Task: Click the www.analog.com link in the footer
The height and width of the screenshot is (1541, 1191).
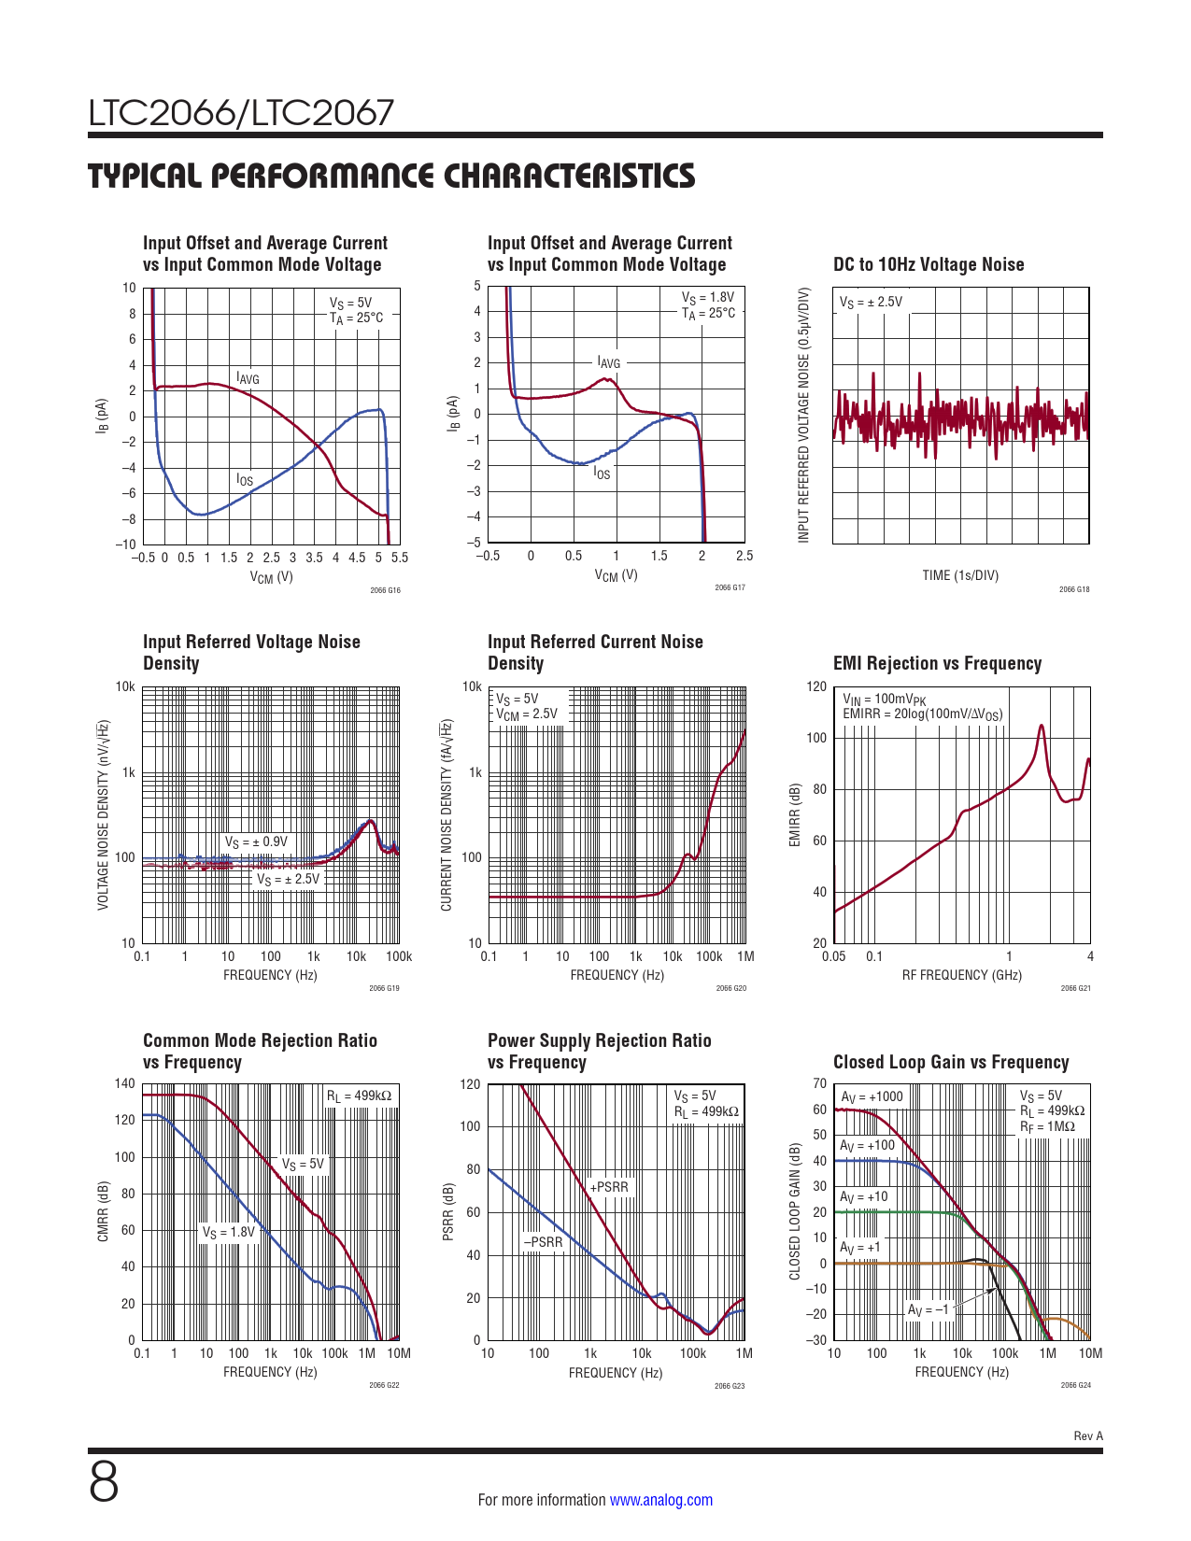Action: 660,1500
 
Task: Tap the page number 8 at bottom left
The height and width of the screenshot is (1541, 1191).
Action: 104,1482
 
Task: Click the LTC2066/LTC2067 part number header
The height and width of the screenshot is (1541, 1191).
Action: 241,113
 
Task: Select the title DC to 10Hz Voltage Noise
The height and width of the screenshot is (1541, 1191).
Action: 928,265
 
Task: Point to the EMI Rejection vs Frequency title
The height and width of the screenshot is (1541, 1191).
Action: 937,664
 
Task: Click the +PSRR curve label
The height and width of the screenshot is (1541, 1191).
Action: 609,1187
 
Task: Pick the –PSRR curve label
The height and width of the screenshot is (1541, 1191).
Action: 543,1242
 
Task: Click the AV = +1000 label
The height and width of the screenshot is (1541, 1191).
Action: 872,1097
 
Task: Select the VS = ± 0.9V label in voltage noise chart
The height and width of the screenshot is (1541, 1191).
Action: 256,842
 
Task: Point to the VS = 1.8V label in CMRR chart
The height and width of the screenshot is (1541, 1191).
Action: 229,1232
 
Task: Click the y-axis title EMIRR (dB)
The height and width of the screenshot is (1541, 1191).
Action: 795,815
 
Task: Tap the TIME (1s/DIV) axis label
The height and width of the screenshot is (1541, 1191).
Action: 960,575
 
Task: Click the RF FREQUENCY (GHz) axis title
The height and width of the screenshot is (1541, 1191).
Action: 961,975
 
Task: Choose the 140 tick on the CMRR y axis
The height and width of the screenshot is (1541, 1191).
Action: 125,1084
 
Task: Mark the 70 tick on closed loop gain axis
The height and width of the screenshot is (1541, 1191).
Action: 819,1084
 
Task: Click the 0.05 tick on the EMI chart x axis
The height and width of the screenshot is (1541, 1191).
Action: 833,956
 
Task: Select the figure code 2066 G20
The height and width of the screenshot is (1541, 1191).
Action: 730,988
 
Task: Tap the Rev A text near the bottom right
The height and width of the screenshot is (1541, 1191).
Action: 1088,1436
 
